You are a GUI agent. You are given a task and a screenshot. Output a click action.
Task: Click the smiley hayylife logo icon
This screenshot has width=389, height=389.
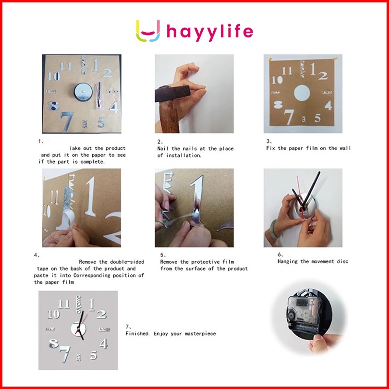[x=148, y=31]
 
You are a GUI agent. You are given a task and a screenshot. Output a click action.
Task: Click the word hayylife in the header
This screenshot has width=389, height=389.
[x=210, y=32]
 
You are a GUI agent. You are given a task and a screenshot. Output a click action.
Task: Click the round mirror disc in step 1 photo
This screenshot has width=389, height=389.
[x=83, y=92]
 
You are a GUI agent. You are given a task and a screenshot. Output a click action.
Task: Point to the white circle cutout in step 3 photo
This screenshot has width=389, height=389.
[x=302, y=93]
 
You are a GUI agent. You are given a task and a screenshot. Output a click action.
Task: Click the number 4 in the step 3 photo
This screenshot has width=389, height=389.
[x=328, y=105]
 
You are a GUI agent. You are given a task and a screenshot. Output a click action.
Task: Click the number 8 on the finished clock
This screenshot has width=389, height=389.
[x=54, y=343]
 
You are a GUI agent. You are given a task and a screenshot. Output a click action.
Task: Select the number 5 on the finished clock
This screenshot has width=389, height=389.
[x=94, y=355]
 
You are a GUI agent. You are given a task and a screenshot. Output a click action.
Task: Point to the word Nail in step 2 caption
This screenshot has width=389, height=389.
[x=162, y=148]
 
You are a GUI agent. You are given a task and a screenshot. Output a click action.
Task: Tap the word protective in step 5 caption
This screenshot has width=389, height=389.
[x=206, y=262]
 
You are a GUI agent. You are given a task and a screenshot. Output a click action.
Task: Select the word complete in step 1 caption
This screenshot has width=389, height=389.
[x=92, y=162]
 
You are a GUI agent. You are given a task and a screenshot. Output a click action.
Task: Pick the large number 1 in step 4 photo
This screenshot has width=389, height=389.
[x=90, y=196]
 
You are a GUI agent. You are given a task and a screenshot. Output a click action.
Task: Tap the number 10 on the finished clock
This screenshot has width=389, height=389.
[x=54, y=315]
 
